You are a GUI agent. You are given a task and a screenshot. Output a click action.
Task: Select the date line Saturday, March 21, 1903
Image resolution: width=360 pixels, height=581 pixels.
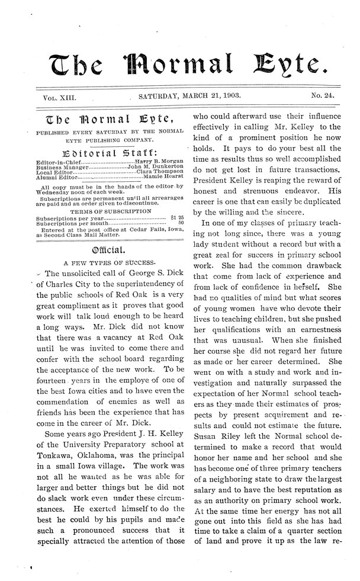pos(194,95)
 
